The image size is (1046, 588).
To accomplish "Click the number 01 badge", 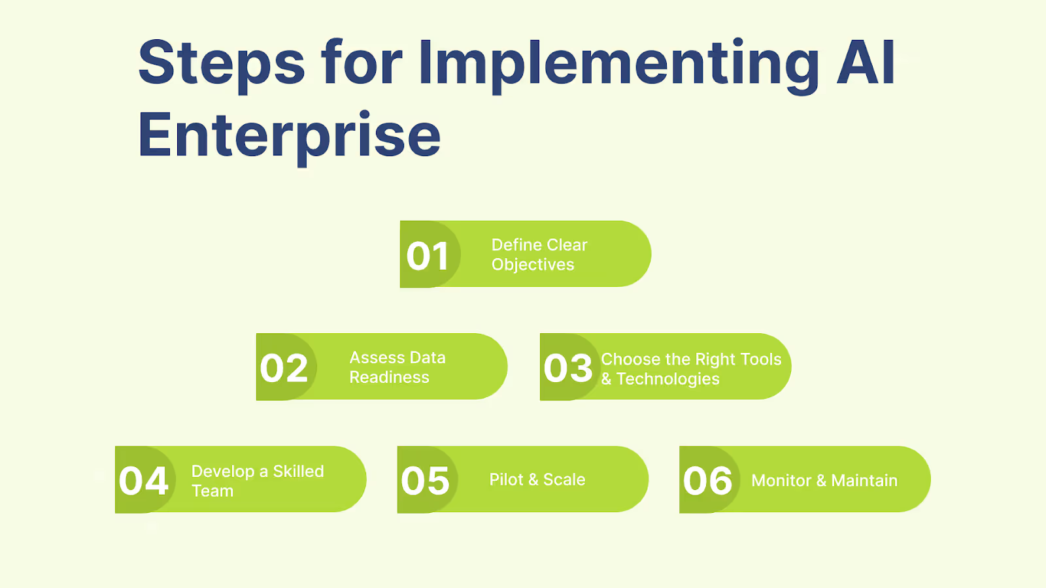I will click(428, 255).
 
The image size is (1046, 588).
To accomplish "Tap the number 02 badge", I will click(284, 368).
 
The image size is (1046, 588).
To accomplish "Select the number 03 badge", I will click(567, 368).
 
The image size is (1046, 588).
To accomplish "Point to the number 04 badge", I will click(144, 481).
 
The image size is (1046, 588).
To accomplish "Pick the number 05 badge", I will click(425, 481).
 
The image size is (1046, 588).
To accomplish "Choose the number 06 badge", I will click(707, 481).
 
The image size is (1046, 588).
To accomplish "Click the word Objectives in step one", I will click(533, 265).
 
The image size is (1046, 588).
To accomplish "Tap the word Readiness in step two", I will click(389, 378).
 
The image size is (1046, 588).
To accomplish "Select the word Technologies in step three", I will click(667, 379).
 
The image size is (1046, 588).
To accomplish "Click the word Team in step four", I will click(212, 491).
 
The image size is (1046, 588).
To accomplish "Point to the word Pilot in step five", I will click(506, 480).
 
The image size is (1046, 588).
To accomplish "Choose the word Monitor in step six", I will click(781, 481).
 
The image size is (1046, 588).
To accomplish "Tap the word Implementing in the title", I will click(618, 64).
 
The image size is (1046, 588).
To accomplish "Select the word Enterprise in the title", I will click(289, 136).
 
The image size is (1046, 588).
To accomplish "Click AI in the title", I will click(866, 63).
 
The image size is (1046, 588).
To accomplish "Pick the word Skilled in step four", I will click(298, 471).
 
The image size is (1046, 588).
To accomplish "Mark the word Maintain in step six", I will click(864, 481).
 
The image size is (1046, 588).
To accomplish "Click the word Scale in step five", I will click(564, 480).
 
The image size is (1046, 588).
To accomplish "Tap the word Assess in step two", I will click(377, 357).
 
